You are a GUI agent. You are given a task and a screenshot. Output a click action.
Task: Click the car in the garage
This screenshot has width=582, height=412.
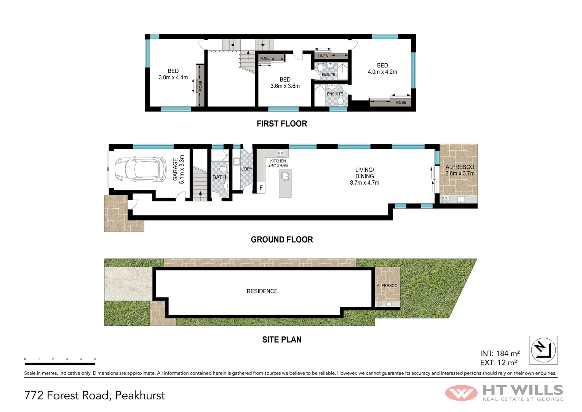tap(140, 169)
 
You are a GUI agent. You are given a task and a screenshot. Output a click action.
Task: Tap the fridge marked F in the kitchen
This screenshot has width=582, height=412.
tap(261, 188)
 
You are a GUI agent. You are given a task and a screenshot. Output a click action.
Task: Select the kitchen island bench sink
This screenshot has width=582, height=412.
tap(285, 176)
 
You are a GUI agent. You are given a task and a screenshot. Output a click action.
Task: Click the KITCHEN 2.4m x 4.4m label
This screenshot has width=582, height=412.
tap(278, 163)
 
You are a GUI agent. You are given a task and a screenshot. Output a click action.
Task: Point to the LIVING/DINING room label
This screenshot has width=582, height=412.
tap(365, 176)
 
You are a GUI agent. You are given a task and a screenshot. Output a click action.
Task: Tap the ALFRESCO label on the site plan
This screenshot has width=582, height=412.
tap(387, 286)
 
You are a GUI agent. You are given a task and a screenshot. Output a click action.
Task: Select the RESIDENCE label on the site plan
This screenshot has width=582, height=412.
tap(262, 291)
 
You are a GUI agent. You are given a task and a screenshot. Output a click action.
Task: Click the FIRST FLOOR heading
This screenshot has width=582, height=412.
tap(282, 124)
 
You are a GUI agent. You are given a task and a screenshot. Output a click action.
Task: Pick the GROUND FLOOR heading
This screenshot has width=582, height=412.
tap(282, 240)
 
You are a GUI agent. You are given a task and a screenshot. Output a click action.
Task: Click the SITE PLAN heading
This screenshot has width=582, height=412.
tap(282, 340)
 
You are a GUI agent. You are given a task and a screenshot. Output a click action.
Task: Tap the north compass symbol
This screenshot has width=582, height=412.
tap(543, 350)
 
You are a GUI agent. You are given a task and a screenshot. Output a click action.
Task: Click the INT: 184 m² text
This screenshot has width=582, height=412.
tap(500, 354)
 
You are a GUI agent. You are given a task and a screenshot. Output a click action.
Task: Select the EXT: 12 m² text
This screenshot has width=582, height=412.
tap(499, 363)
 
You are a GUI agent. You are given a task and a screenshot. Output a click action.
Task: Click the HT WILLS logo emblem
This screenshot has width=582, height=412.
tap(461, 393)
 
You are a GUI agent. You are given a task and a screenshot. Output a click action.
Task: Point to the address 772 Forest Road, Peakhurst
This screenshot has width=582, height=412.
tap(94, 396)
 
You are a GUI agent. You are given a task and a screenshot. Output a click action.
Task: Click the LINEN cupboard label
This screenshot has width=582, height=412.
tap(323, 56)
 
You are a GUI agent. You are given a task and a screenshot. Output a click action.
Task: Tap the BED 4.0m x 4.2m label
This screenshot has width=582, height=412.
tap(382, 69)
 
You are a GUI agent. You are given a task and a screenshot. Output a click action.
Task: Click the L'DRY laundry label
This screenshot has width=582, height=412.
tap(247, 169)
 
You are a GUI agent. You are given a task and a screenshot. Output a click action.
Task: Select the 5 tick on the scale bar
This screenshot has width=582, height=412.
tap(95, 359)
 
